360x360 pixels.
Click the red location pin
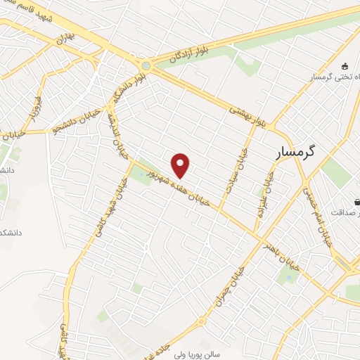181,165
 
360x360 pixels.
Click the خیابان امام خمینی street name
316,211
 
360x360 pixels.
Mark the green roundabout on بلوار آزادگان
145,66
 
